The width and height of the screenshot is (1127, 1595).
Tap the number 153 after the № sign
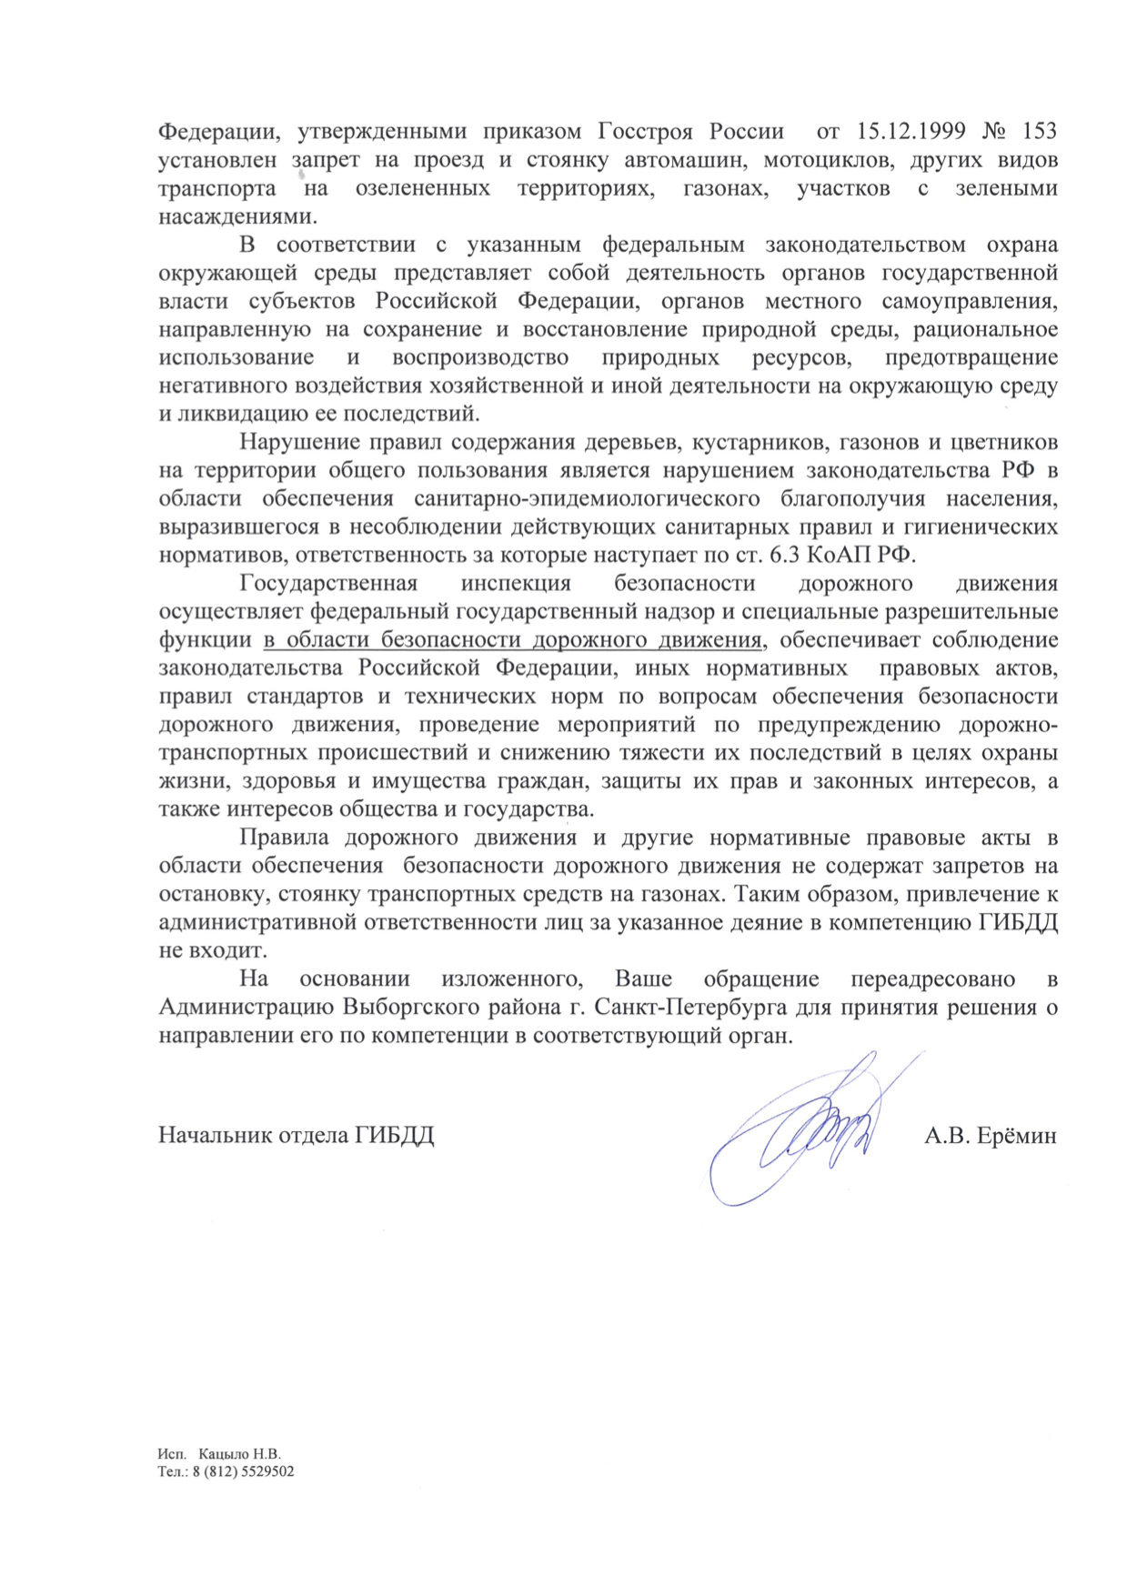(x=1040, y=131)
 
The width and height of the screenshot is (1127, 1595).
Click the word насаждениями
(x=238, y=216)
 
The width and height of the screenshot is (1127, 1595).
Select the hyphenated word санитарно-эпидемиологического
(x=587, y=499)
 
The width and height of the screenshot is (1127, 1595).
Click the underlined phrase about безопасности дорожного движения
(x=513, y=640)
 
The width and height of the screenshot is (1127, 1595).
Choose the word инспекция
(x=516, y=584)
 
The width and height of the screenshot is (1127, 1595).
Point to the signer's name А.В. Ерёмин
(x=990, y=1136)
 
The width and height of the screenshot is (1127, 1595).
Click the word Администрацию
(x=247, y=1008)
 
